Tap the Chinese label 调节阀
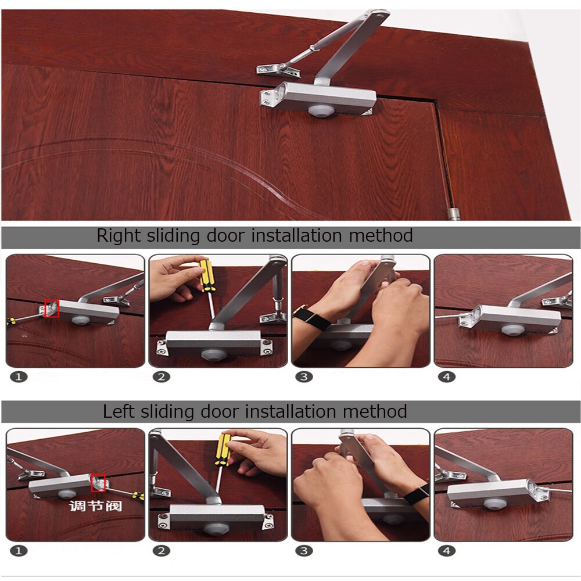point(96,506)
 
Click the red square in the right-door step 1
point(52,309)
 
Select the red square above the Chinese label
point(98,482)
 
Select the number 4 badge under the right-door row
point(447,376)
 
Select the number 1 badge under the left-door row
point(19,550)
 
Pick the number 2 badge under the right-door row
point(161,376)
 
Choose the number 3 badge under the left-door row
point(304,550)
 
